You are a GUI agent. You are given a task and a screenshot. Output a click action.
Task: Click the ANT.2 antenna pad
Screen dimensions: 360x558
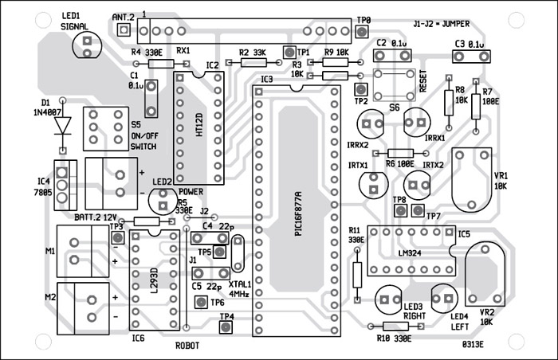click(x=124, y=30)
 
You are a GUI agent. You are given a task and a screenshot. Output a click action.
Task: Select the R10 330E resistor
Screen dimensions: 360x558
click(x=395, y=327)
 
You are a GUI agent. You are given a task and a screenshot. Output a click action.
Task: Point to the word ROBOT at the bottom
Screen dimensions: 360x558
click(x=187, y=346)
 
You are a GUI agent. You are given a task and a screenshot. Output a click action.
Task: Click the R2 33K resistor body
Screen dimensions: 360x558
click(x=247, y=61)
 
